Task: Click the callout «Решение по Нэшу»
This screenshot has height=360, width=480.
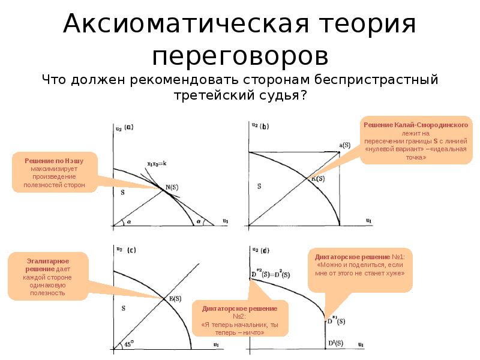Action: click(54, 173)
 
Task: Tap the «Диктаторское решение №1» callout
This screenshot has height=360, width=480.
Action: click(361, 265)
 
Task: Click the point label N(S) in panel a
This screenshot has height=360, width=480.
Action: click(172, 187)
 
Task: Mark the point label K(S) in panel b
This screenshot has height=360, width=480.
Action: click(317, 178)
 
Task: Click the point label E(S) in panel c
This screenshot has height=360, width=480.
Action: click(174, 298)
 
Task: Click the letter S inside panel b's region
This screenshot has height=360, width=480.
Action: click(259, 187)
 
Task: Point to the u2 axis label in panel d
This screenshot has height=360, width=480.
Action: click(255, 249)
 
